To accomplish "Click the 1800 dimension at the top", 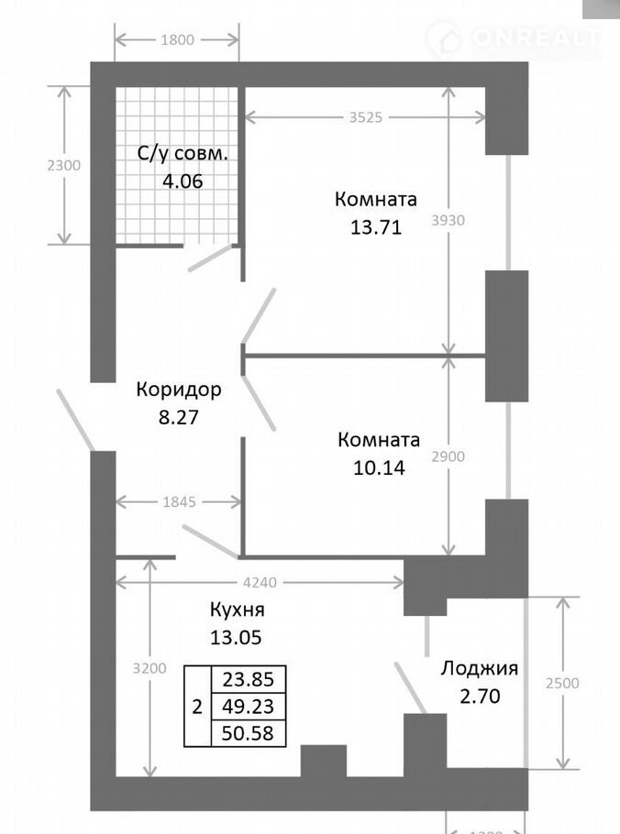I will pyautogui.click(x=177, y=39).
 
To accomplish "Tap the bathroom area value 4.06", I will pyautogui.click(x=183, y=180).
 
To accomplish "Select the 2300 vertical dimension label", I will pyautogui.click(x=63, y=165).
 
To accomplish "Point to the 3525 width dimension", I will pyautogui.click(x=365, y=116).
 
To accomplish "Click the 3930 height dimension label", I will pyautogui.click(x=448, y=220).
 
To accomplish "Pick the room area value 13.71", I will pyautogui.click(x=375, y=226).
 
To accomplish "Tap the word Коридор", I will pyautogui.click(x=179, y=390).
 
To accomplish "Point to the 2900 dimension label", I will pyautogui.click(x=448, y=455).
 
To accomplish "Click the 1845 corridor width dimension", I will pyautogui.click(x=177, y=501).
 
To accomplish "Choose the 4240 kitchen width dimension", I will pyautogui.click(x=260, y=580).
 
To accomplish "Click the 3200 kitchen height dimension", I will pyautogui.click(x=149, y=667).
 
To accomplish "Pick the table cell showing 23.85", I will pyautogui.click(x=248, y=679).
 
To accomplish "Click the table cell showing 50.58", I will pyautogui.click(x=248, y=733).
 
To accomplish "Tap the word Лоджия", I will pyautogui.click(x=480, y=668).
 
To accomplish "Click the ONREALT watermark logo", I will pyautogui.click(x=514, y=38).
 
